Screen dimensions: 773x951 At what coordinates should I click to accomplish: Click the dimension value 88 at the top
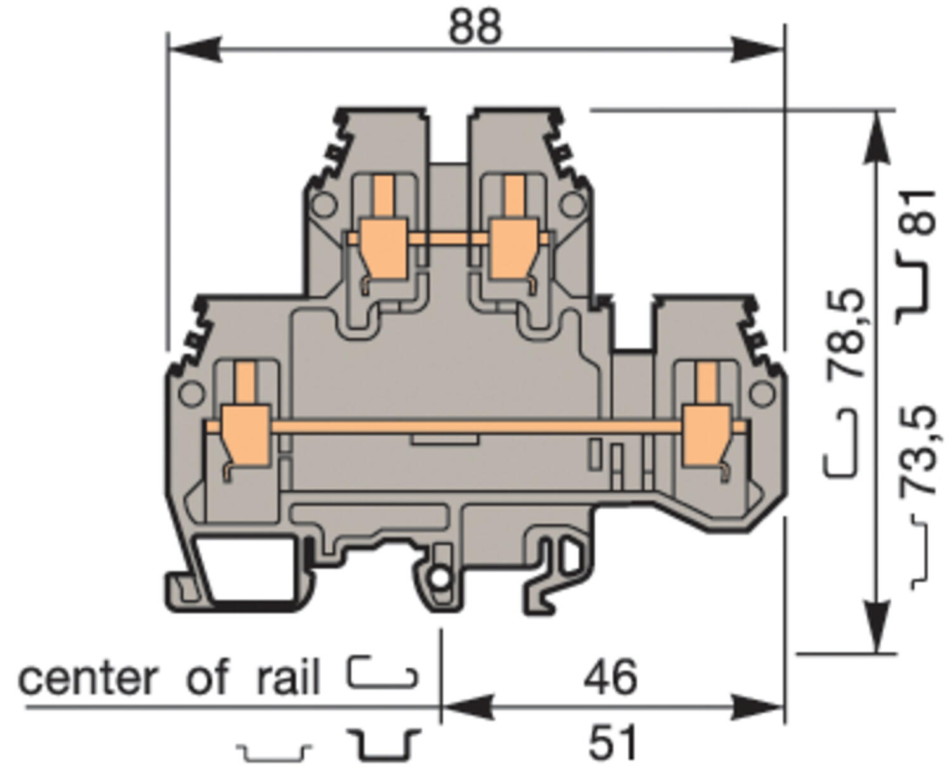(x=475, y=27)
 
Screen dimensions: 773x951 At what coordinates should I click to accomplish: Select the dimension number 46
(x=610, y=677)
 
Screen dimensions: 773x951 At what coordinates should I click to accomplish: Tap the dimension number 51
(x=612, y=743)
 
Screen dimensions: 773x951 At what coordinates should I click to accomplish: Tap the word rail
(x=288, y=679)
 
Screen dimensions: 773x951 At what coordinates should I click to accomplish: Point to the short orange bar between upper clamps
(x=448, y=238)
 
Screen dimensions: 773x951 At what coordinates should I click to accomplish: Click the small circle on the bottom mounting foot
(x=438, y=578)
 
